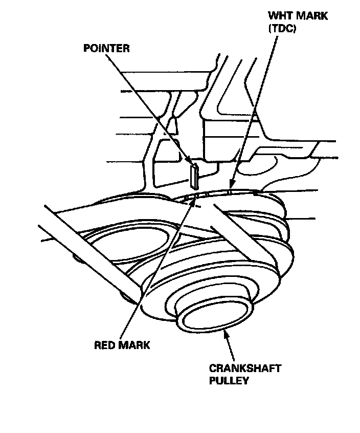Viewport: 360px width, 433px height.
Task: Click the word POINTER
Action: pos(106,49)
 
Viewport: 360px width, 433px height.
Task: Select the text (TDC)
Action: pos(282,29)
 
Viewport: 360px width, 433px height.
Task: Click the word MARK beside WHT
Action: pos(312,16)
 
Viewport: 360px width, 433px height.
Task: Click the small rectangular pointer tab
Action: pos(194,175)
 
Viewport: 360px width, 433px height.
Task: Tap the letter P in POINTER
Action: pos(86,49)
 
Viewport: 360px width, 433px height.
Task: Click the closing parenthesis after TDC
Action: pos(295,29)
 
